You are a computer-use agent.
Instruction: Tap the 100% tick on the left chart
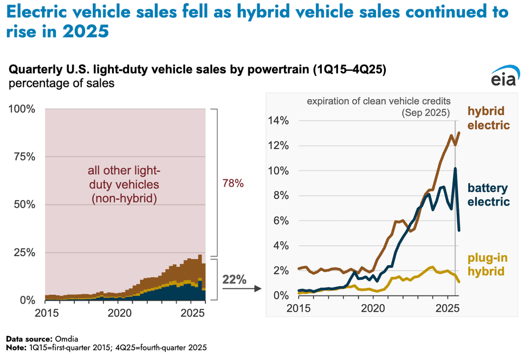[22, 110]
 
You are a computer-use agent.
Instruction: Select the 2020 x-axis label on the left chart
[119, 313]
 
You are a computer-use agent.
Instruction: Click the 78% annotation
[234, 184]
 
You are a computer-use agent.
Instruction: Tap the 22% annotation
[234, 280]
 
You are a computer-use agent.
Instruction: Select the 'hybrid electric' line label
[489, 118]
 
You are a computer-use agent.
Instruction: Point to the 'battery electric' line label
[488, 195]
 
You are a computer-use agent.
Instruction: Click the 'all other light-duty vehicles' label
[124, 185]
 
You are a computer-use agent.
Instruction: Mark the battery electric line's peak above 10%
[455, 169]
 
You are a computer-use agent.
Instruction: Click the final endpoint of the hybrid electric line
[459, 132]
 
